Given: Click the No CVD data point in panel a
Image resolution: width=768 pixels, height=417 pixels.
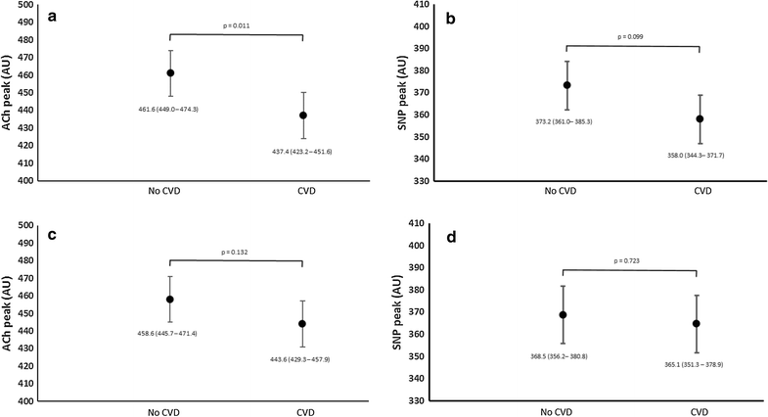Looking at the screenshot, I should [170, 72].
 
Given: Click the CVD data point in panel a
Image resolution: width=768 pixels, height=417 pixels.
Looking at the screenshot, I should [303, 116].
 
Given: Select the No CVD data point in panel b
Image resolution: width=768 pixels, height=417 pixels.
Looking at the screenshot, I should [566, 85].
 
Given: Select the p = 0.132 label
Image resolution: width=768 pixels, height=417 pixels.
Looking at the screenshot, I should [237, 252].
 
